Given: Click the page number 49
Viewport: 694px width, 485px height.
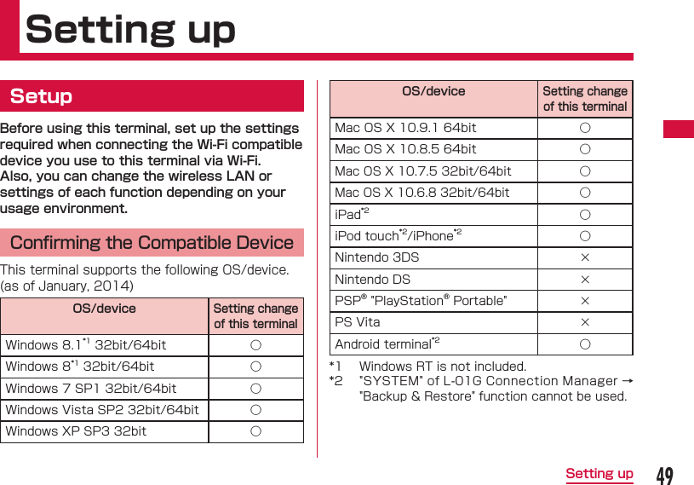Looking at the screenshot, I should [665, 475].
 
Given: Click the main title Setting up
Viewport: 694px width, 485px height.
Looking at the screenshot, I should [130, 30].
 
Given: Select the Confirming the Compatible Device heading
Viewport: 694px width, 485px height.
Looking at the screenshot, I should [152, 243].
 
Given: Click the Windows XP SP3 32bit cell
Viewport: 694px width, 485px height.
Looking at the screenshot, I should [76, 431].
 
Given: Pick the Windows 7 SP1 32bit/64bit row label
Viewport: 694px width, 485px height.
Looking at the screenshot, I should [91, 389].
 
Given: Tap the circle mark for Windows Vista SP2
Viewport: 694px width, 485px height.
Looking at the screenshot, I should [255, 410].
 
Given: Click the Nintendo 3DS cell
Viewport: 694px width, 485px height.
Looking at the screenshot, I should [376, 257].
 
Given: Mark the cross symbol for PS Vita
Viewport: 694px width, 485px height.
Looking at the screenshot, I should [585, 323].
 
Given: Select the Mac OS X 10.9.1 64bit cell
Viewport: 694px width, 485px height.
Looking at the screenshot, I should [405, 128].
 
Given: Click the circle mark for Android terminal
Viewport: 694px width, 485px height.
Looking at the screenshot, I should [585, 344].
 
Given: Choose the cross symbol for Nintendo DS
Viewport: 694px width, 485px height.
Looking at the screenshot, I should [585, 280].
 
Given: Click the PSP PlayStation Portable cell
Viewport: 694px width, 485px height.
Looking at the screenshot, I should [421, 301].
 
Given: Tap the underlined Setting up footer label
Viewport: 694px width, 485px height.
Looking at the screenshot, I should [599, 474].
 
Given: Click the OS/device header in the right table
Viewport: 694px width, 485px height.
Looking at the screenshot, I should [433, 91].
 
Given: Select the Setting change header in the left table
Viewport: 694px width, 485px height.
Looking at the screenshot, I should [255, 316].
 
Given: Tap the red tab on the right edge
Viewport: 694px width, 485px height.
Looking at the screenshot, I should [679, 130].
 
